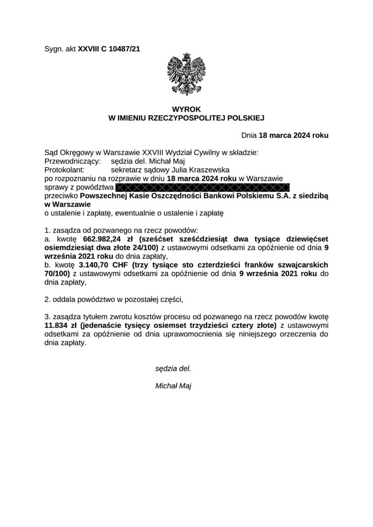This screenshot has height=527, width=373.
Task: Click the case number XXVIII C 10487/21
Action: click(x=109, y=49)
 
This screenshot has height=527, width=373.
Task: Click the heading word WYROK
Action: click(x=186, y=109)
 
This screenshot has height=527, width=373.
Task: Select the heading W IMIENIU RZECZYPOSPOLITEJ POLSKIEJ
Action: click(x=186, y=118)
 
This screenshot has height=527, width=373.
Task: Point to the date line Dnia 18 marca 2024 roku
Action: click(x=285, y=135)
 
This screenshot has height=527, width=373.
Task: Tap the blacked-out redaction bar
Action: click(x=203, y=187)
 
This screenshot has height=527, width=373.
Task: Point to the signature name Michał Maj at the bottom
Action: click(x=173, y=385)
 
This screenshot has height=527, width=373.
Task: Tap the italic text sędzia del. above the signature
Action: click(x=173, y=368)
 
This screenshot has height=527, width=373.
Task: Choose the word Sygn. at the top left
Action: click(x=54, y=49)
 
